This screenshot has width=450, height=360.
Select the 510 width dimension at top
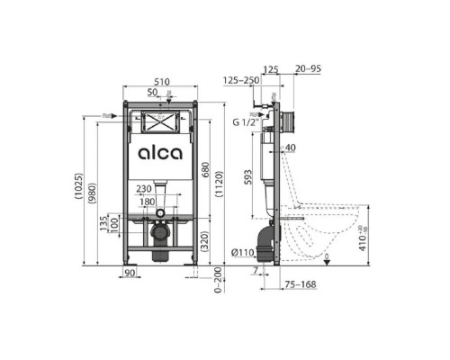click(160, 79)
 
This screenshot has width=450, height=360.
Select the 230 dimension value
click(144, 188)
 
